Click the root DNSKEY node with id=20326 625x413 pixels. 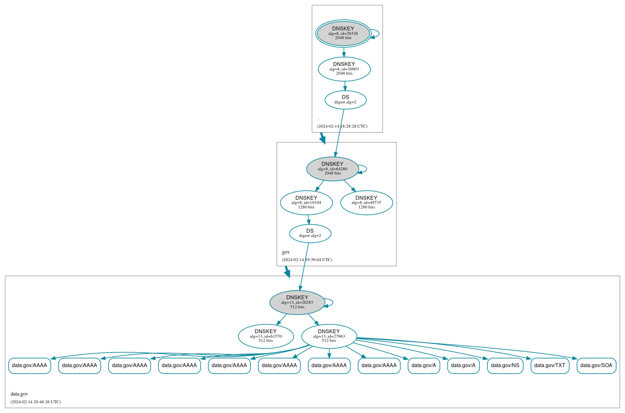coord(343,33)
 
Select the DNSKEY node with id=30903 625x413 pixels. coord(344,69)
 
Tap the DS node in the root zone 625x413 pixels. coord(345,100)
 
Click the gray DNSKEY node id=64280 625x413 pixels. coord(333,169)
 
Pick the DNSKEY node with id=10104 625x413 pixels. coord(306,203)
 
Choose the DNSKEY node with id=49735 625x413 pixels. coord(366,203)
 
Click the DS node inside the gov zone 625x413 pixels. coord(310,233)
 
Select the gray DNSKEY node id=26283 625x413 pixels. coord(297,302)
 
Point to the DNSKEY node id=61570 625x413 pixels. coord(266,336)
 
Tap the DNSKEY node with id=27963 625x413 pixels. coord(329,336)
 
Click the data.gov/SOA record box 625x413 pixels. coord(596,365)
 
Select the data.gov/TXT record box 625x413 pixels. coord(550,365)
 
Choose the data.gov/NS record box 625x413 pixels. coord(505,365)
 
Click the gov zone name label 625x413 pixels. coord(286,252)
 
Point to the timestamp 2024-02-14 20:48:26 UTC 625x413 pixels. coord(36,402)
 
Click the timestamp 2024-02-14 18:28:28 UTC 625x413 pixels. coord(342,126)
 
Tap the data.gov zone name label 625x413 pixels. coord(19,394)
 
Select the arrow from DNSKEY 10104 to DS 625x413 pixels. coord(309,219)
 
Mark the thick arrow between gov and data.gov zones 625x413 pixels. coord(287,271)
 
